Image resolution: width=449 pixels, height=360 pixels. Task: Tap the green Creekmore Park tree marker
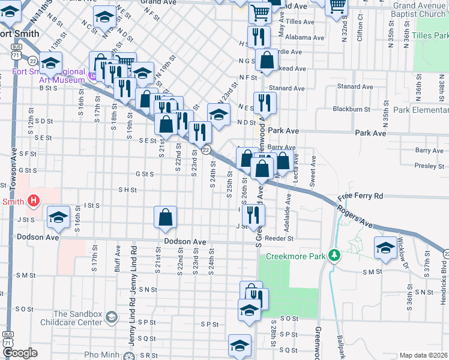pyautogui.click(x=335, y=256)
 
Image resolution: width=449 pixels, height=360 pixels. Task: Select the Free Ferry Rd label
pyautogui.click(x=360, y=196)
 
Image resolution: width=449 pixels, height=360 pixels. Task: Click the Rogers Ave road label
pyautogui.click(x=355, y=217)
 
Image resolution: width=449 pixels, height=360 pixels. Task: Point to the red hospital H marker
pyautogui.click(x=34, y=200)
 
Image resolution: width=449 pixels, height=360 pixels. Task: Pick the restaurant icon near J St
pyautogui.click(x=256, y=214)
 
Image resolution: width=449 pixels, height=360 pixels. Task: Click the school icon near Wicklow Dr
pyautogui.click(x=385, y=248)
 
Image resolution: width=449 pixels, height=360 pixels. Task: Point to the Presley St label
pyautogui.click(x=429, y=166)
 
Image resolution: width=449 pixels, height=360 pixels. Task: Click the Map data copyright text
pyautogui.click(x=423, y=355)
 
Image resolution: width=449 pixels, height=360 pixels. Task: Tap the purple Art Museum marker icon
pyautogui.click(x=92, y=76)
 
